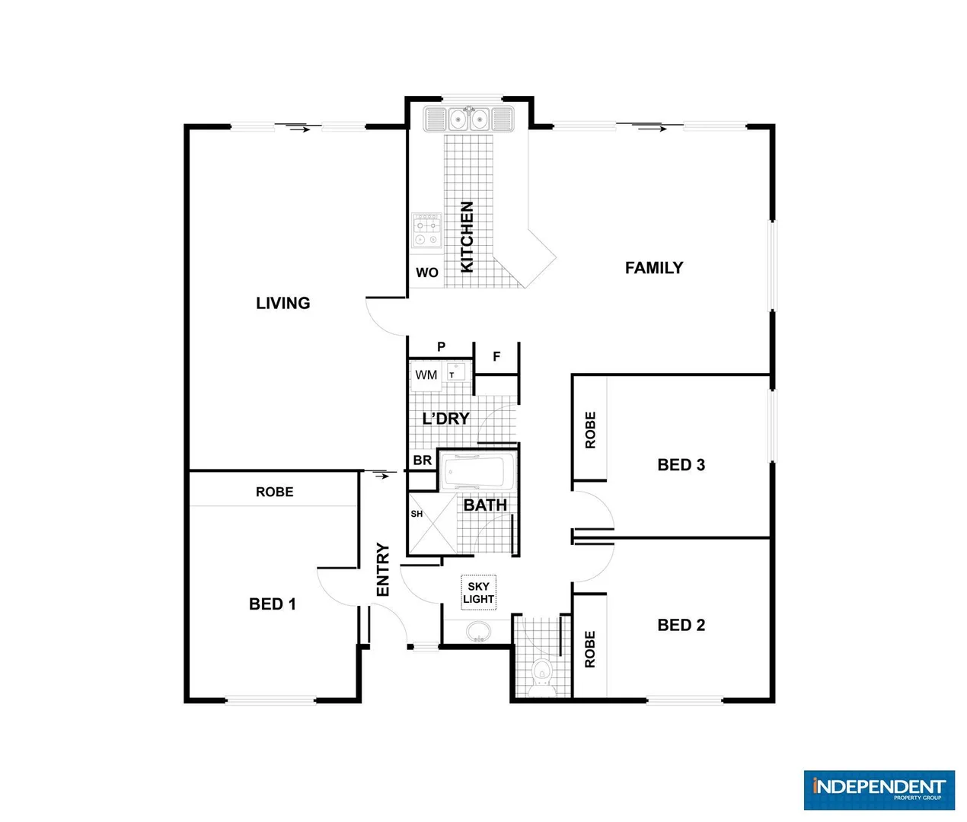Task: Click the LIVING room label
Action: tap(282, 303)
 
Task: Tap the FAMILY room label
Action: tap(653, 268)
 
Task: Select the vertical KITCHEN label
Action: tap(467, 237)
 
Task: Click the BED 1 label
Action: tap(272, 604)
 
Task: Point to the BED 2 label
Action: tap(681, 625)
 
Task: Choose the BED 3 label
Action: tap(681, 465)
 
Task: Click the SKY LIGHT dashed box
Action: tap(478, 593)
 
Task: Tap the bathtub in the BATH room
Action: tap(478, 473)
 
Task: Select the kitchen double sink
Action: tap(468, 119)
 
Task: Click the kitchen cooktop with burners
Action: tap(426, 231)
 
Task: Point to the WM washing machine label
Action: tap(426, 374)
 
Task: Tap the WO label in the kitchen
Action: tap(426, 272)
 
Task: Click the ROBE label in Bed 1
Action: tap(274, 492)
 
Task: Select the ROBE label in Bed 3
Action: tap(590, 430)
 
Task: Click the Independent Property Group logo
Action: tap(879, 789)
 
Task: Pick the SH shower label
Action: tap(416, 514)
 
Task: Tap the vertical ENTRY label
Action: tap(382, 569)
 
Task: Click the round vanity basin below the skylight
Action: tap(478, 632)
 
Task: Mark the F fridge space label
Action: tap(496, 356)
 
